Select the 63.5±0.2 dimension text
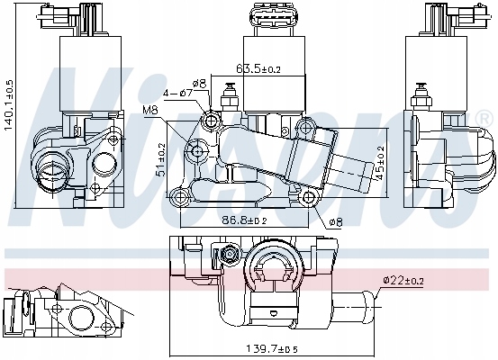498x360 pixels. coord(258,68)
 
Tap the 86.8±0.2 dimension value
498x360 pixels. coord(244,220)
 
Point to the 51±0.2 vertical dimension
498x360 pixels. coord(162,158)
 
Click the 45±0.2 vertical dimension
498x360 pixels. coord(380,163)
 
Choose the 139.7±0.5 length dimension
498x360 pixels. coord(272,349)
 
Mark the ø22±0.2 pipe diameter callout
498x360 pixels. coord(403,280)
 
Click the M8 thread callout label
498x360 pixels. coord(150,111)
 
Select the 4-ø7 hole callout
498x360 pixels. coord(178,93)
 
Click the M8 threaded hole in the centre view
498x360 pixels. coord(197,151)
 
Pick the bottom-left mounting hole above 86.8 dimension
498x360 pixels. coord(180,197)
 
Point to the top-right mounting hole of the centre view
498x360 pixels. coord(305,128)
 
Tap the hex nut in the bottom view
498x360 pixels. coord(230,254)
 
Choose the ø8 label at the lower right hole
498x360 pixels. coord(336,221)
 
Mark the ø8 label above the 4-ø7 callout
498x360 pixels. coord(199,84)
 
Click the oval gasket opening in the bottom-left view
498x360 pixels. coord(81,318)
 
